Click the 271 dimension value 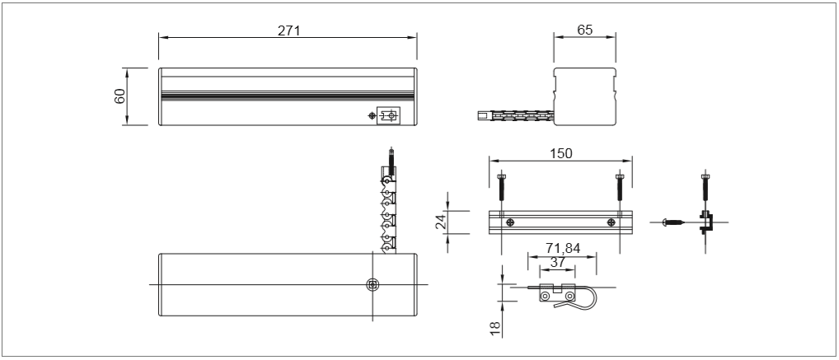point(289,30)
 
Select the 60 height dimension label point(120,96)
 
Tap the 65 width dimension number point(585,30)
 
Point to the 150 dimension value point(560,153)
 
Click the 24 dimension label point(441,222)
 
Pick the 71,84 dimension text point(563,248)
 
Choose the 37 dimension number point(558,262)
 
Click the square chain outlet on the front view point(389,115)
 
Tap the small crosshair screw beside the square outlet point(372,115)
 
